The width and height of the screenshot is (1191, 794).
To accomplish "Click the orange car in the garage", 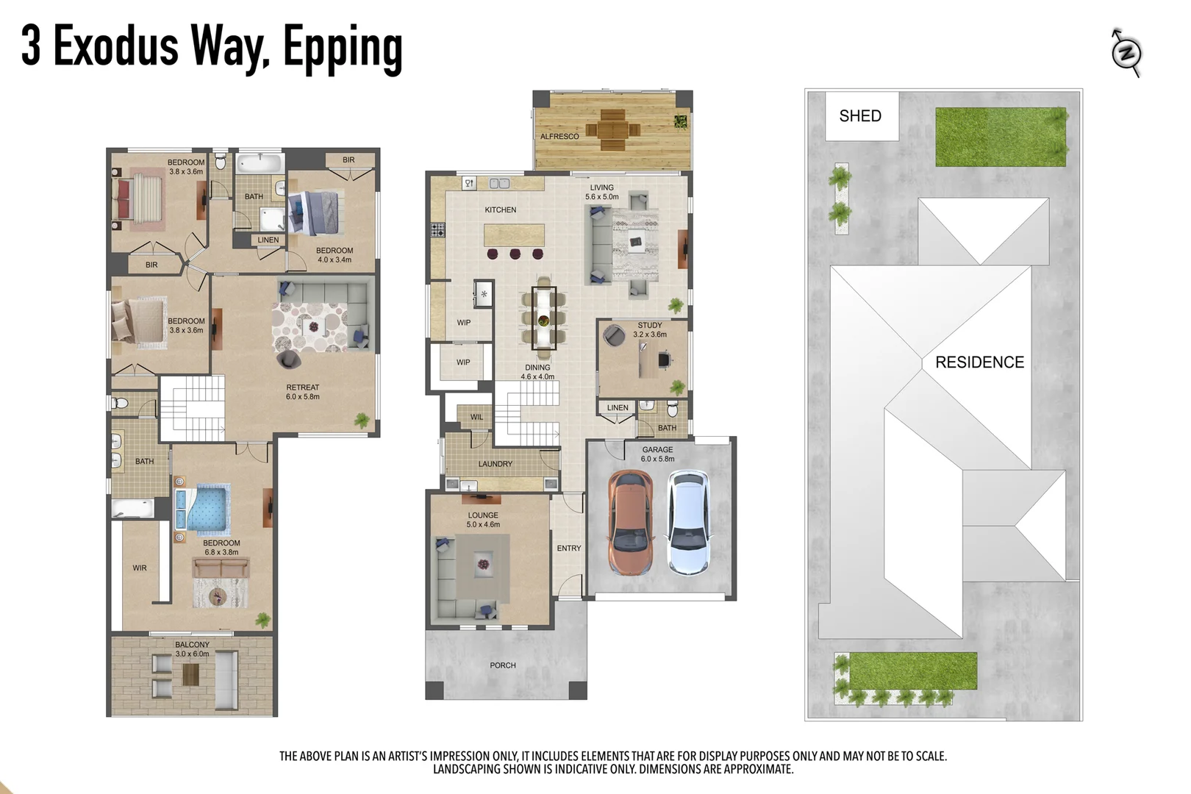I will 631,523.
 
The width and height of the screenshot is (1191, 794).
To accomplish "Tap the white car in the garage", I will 689,523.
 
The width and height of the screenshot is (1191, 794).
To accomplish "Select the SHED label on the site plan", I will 859,116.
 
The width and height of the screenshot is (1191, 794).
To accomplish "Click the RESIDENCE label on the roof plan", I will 979,362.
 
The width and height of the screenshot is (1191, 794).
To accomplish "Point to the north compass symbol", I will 1126,52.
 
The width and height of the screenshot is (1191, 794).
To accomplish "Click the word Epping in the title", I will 343,47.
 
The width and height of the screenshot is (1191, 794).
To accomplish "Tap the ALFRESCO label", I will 559,137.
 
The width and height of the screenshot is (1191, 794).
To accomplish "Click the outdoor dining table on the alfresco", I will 612,130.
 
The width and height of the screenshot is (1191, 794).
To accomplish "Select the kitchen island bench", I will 514,236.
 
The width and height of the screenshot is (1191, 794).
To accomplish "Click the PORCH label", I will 503,665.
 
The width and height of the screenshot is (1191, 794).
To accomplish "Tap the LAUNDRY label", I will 495,464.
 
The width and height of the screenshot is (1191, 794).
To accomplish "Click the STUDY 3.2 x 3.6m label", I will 650,329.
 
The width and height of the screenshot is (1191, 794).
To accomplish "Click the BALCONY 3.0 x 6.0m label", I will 192,649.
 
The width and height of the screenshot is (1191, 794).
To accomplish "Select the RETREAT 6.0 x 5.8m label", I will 303,392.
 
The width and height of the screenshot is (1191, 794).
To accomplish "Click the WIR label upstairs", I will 140,568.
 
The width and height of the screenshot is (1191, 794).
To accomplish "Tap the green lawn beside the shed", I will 1000,137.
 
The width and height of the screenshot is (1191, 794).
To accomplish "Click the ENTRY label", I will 568,548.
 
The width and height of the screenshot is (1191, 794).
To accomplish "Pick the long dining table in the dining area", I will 543,318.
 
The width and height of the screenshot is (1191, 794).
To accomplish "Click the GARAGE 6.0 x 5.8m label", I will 657,454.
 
